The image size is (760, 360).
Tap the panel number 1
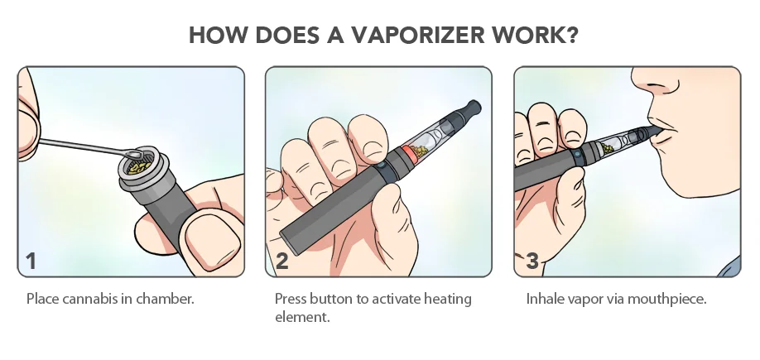point(31,262)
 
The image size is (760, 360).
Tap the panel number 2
point(281,262)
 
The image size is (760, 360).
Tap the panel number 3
point(532,262)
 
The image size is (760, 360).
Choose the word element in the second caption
point(302,317)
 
